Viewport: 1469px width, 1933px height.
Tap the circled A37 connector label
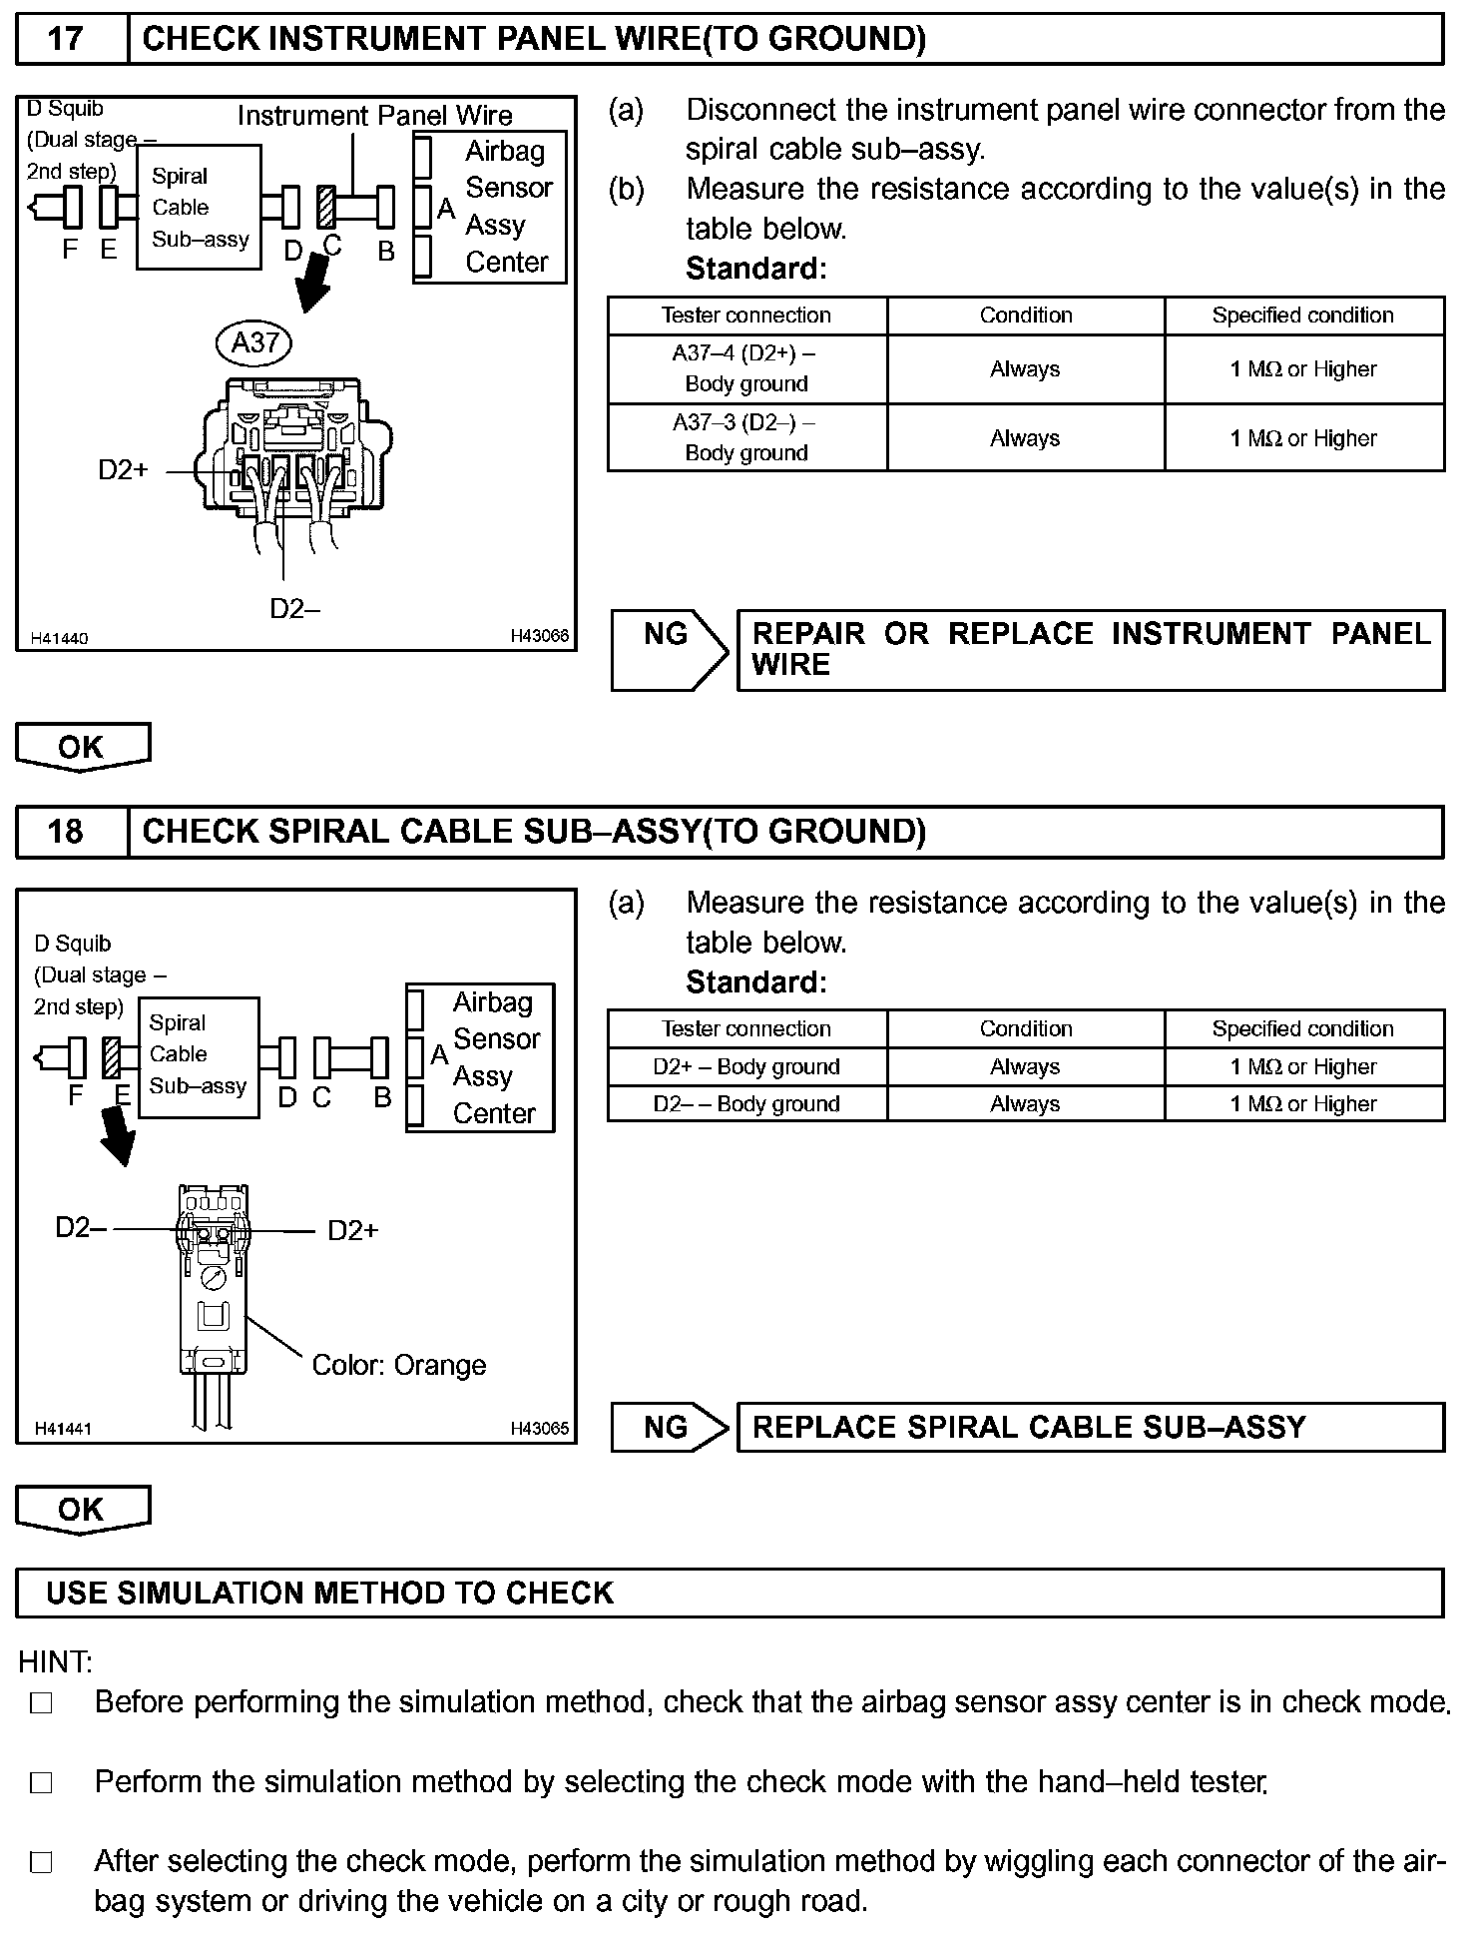coord(254,343)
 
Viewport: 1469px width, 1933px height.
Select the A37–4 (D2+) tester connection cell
coord(746,368)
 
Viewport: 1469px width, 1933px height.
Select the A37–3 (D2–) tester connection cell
coord(746,437)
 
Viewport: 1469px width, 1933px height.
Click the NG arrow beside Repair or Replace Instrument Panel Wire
coord(669,649)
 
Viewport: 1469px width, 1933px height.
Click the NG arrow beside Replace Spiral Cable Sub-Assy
coord(669,1427)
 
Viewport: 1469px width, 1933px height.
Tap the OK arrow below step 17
coord(83,747)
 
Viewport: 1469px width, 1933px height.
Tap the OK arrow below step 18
coord(83,1509)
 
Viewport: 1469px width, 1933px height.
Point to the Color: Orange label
coord(398,1365)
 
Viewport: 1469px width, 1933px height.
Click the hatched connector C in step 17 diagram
coord(326,208)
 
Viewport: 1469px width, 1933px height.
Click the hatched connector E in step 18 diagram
coord(112,1057)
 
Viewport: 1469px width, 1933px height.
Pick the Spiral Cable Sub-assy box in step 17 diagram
coord(199,208)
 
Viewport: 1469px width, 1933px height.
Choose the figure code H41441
coord(63,1429)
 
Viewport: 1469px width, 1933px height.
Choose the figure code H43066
coord(539,636)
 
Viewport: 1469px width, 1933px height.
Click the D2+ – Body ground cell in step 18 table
coord(746,1066)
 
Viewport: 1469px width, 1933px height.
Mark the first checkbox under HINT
coord(41,1703)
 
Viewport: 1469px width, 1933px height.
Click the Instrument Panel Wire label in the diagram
coord(374,116)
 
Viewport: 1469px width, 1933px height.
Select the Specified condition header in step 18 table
coord(1303,1028)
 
